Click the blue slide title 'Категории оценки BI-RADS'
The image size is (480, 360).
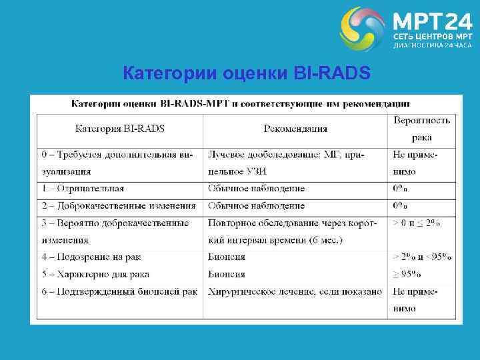click(x=246, y=73)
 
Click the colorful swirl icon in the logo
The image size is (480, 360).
click(x=362, y=29)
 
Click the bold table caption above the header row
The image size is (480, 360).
click(x=241, y=104)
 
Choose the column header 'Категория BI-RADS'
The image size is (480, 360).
click(x=120, y=128)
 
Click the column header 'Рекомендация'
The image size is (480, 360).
click(x=295, y=128)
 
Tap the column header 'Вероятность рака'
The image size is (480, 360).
click(x=421, y=129)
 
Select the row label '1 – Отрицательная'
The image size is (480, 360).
click(x=83, y=189)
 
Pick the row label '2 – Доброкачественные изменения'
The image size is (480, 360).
click(x=119, y=206)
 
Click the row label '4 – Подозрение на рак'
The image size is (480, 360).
click(x=91, y=257)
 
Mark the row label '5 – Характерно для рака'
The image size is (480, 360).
click(x=95, y=274)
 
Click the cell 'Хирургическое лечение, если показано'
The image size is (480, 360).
click(x=295, y=291)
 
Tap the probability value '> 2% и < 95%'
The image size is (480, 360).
click(x=421, y=257)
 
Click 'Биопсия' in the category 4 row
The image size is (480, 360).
click(x=227, y=257)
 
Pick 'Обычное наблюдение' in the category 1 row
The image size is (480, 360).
click(x=256, y=189)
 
